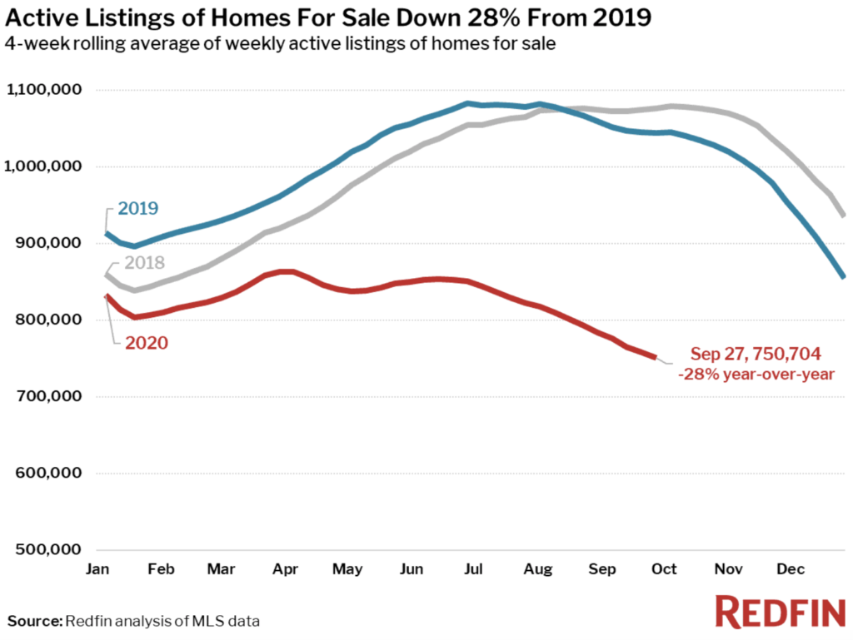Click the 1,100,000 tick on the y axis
pyautogui.click(x=49, y=90)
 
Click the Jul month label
pyautogui.click(x=472, y=569)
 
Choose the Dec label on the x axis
pyautogui.click(x=791, y=569)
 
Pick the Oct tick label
pyautogui.click(x=664, y=569)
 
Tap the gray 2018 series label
pyautogui.click(x=145, y=263)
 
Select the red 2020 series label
pyautogui.click(x=147, y=342)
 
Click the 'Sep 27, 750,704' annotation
pyautogui.click(x=756, y=355)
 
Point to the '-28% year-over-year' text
pyautogui.click(x=756, y=375)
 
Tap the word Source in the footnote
pyautogui.click(x=34, y=621)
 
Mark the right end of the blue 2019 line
pyautogui.click(x=844, y=277)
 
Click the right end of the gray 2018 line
pyautogui.click(x=844, y=215)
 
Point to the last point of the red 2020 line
pyautogui.click(x=655, y=357)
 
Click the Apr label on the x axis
pyautogui.click(x=286, y=569)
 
